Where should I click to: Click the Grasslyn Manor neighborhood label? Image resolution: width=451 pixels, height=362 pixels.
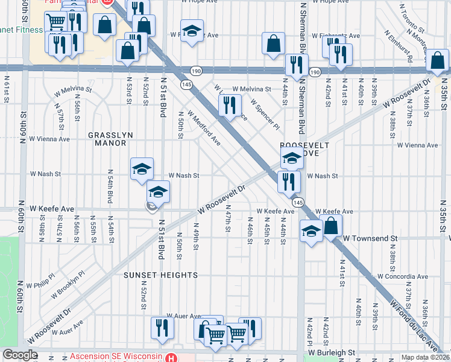pos(107,139)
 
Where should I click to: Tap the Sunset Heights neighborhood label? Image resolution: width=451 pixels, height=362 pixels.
pos(161,275)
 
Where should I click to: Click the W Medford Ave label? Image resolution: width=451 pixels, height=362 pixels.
pos(203,127)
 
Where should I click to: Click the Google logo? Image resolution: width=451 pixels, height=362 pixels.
pos(20,355)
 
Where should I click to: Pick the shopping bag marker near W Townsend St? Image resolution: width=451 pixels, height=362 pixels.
pos(331,226)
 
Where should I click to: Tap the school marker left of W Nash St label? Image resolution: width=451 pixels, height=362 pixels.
pos(142,168)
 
